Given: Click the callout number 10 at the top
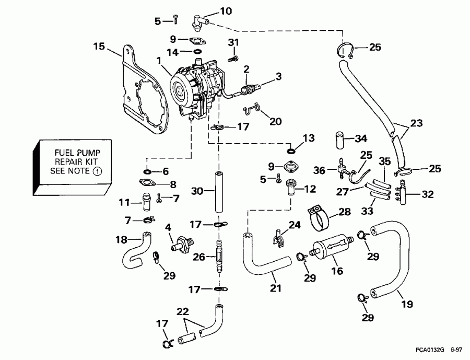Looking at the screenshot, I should tap(226, 10).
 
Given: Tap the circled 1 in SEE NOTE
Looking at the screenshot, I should tap(97, 171).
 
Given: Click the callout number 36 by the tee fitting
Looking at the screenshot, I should tap(320, 170).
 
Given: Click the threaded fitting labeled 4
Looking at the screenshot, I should tap(182, 243).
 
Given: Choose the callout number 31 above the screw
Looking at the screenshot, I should tap(233, 42).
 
